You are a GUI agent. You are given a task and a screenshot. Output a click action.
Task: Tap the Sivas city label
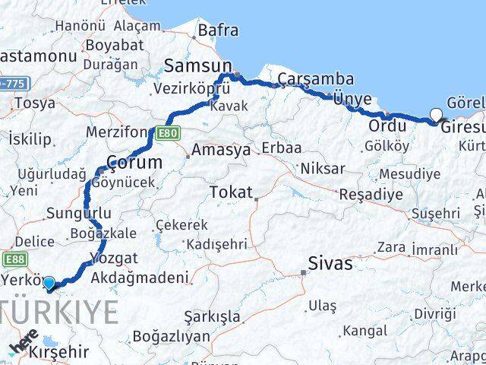330,264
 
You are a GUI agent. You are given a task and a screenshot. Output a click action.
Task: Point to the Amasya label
221,150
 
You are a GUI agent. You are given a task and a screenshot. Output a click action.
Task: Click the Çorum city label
134,162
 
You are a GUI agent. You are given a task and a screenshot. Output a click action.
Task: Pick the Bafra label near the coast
217,31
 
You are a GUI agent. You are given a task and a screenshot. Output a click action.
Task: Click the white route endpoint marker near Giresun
436,116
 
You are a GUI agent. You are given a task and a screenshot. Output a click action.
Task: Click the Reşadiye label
371,194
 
